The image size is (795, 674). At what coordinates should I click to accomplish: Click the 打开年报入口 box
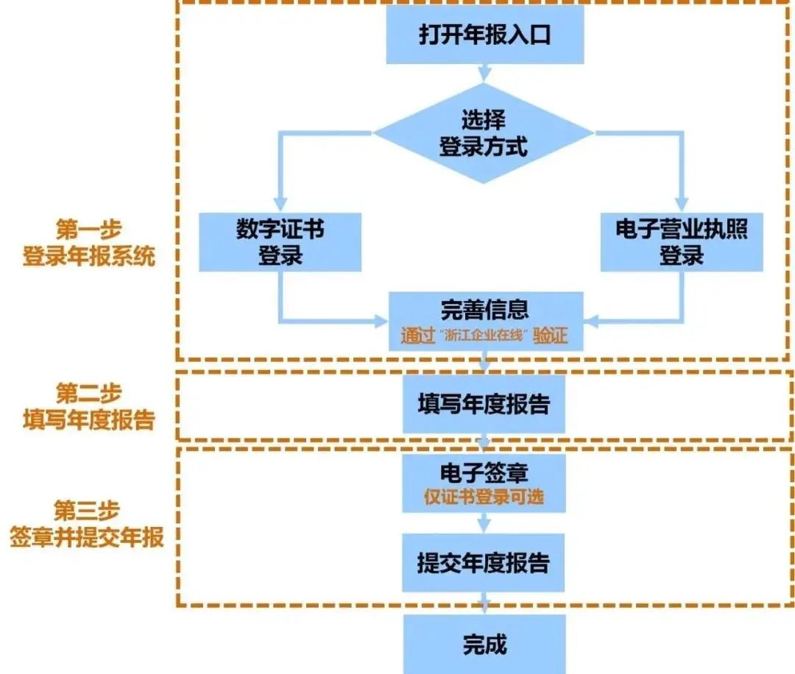[x=484, y=36]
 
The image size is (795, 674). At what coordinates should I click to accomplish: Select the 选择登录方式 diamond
[x=484, y=133]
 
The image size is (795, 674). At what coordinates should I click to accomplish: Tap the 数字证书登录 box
[x=280, y=243]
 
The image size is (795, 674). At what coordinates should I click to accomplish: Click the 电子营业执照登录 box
[x=681, y=243]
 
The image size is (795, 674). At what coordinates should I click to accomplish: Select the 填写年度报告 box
[x=484, y=405]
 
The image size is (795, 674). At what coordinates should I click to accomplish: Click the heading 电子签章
[x=484, y=471]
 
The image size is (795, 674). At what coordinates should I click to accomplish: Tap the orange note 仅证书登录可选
[x=484, y=497]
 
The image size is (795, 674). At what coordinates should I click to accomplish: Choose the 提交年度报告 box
[x=484, y=564]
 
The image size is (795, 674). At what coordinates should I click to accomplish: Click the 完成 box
[x=484, y=645]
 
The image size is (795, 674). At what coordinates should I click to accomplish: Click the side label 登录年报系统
[x=88, y=258]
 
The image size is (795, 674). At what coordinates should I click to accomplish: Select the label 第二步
[x=88, y=391]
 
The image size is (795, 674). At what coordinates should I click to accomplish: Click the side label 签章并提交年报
[x=87, y=537]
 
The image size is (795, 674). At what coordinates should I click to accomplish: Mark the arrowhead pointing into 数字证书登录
[x=280, y=205]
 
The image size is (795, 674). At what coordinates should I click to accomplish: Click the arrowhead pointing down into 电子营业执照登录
[x=682, y=205]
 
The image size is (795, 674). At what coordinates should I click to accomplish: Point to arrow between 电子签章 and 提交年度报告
[x=484, y=524]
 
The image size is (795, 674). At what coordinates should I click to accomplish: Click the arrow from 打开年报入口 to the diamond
[x=484, y=72]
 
